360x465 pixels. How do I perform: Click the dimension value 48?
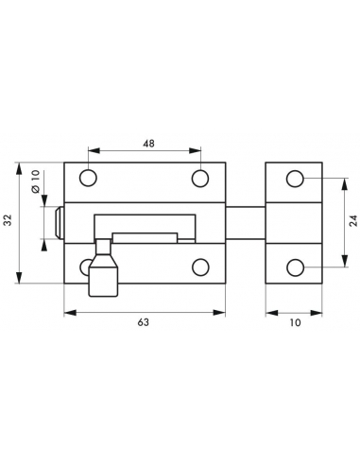(x=148, y=144)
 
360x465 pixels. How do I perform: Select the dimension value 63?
(x=143, y=322)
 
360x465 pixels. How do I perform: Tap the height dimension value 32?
(x=8, y=220)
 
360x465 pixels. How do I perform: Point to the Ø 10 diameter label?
(x=36, y=181)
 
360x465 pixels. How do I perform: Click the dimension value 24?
(x=353, y=220)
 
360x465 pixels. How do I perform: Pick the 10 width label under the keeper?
(x=295, y=322)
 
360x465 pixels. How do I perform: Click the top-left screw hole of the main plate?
(x=88, y=178)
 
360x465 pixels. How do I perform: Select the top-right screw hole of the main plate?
(x=200, y=178)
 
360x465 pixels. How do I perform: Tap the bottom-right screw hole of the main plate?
(x=200, y=267)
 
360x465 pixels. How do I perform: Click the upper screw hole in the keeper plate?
(x=295, y=179)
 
